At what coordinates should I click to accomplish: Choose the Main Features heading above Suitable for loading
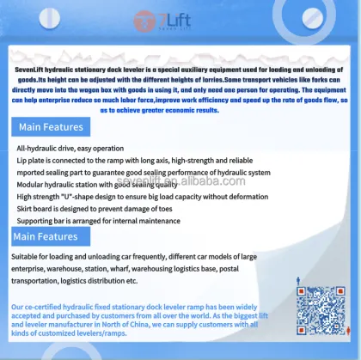[x=45, y=236]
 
